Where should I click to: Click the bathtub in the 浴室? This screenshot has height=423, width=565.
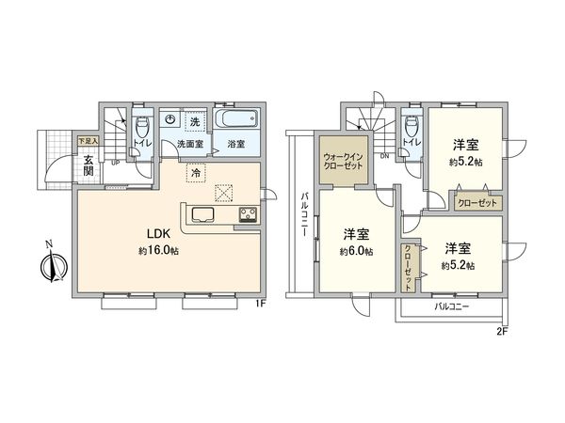click(x=234, y=121)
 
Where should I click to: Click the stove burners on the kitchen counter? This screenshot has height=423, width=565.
click(x=248, y=214)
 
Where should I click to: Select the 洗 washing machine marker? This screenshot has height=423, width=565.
click(x=195, y=122)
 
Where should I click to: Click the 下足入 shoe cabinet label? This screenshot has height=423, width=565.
click(x=86, y=140)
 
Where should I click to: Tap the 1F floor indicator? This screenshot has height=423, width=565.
click(x=261, y=304)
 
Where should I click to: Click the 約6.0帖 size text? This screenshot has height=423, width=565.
click(x=356, y=252)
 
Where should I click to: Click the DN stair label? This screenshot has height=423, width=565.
click(x=385, y=155)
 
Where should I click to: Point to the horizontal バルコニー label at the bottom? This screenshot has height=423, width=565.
click(x=452, y=307)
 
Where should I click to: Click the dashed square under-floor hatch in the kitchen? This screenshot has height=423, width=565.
click(x=224, y=192)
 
